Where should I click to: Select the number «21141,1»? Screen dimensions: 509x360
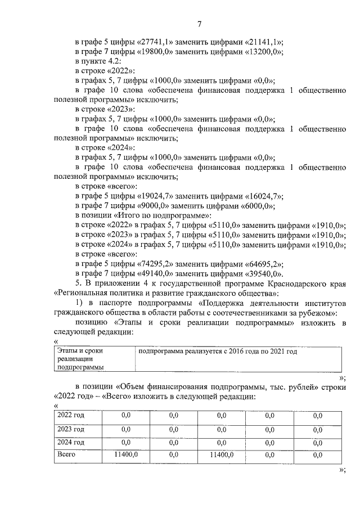point(263,42)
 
